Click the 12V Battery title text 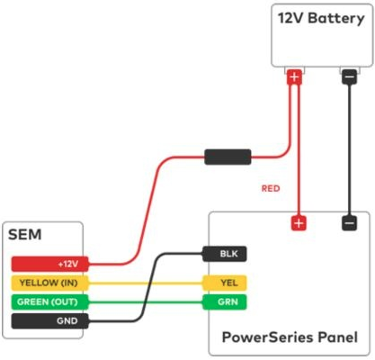click(320, 18)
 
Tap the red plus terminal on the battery click(294, 78)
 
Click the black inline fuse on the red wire click(227, 158)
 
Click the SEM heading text click(25, 236)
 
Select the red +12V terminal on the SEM click(46, 265)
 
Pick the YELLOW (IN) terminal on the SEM click(46, 283)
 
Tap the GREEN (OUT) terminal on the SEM click(46, 301)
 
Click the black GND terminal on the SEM click(46, 320)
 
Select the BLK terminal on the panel click(224, 255)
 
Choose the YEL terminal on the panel click(224, 283)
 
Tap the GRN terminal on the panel click(224, 301)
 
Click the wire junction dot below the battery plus click(294, 136)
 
